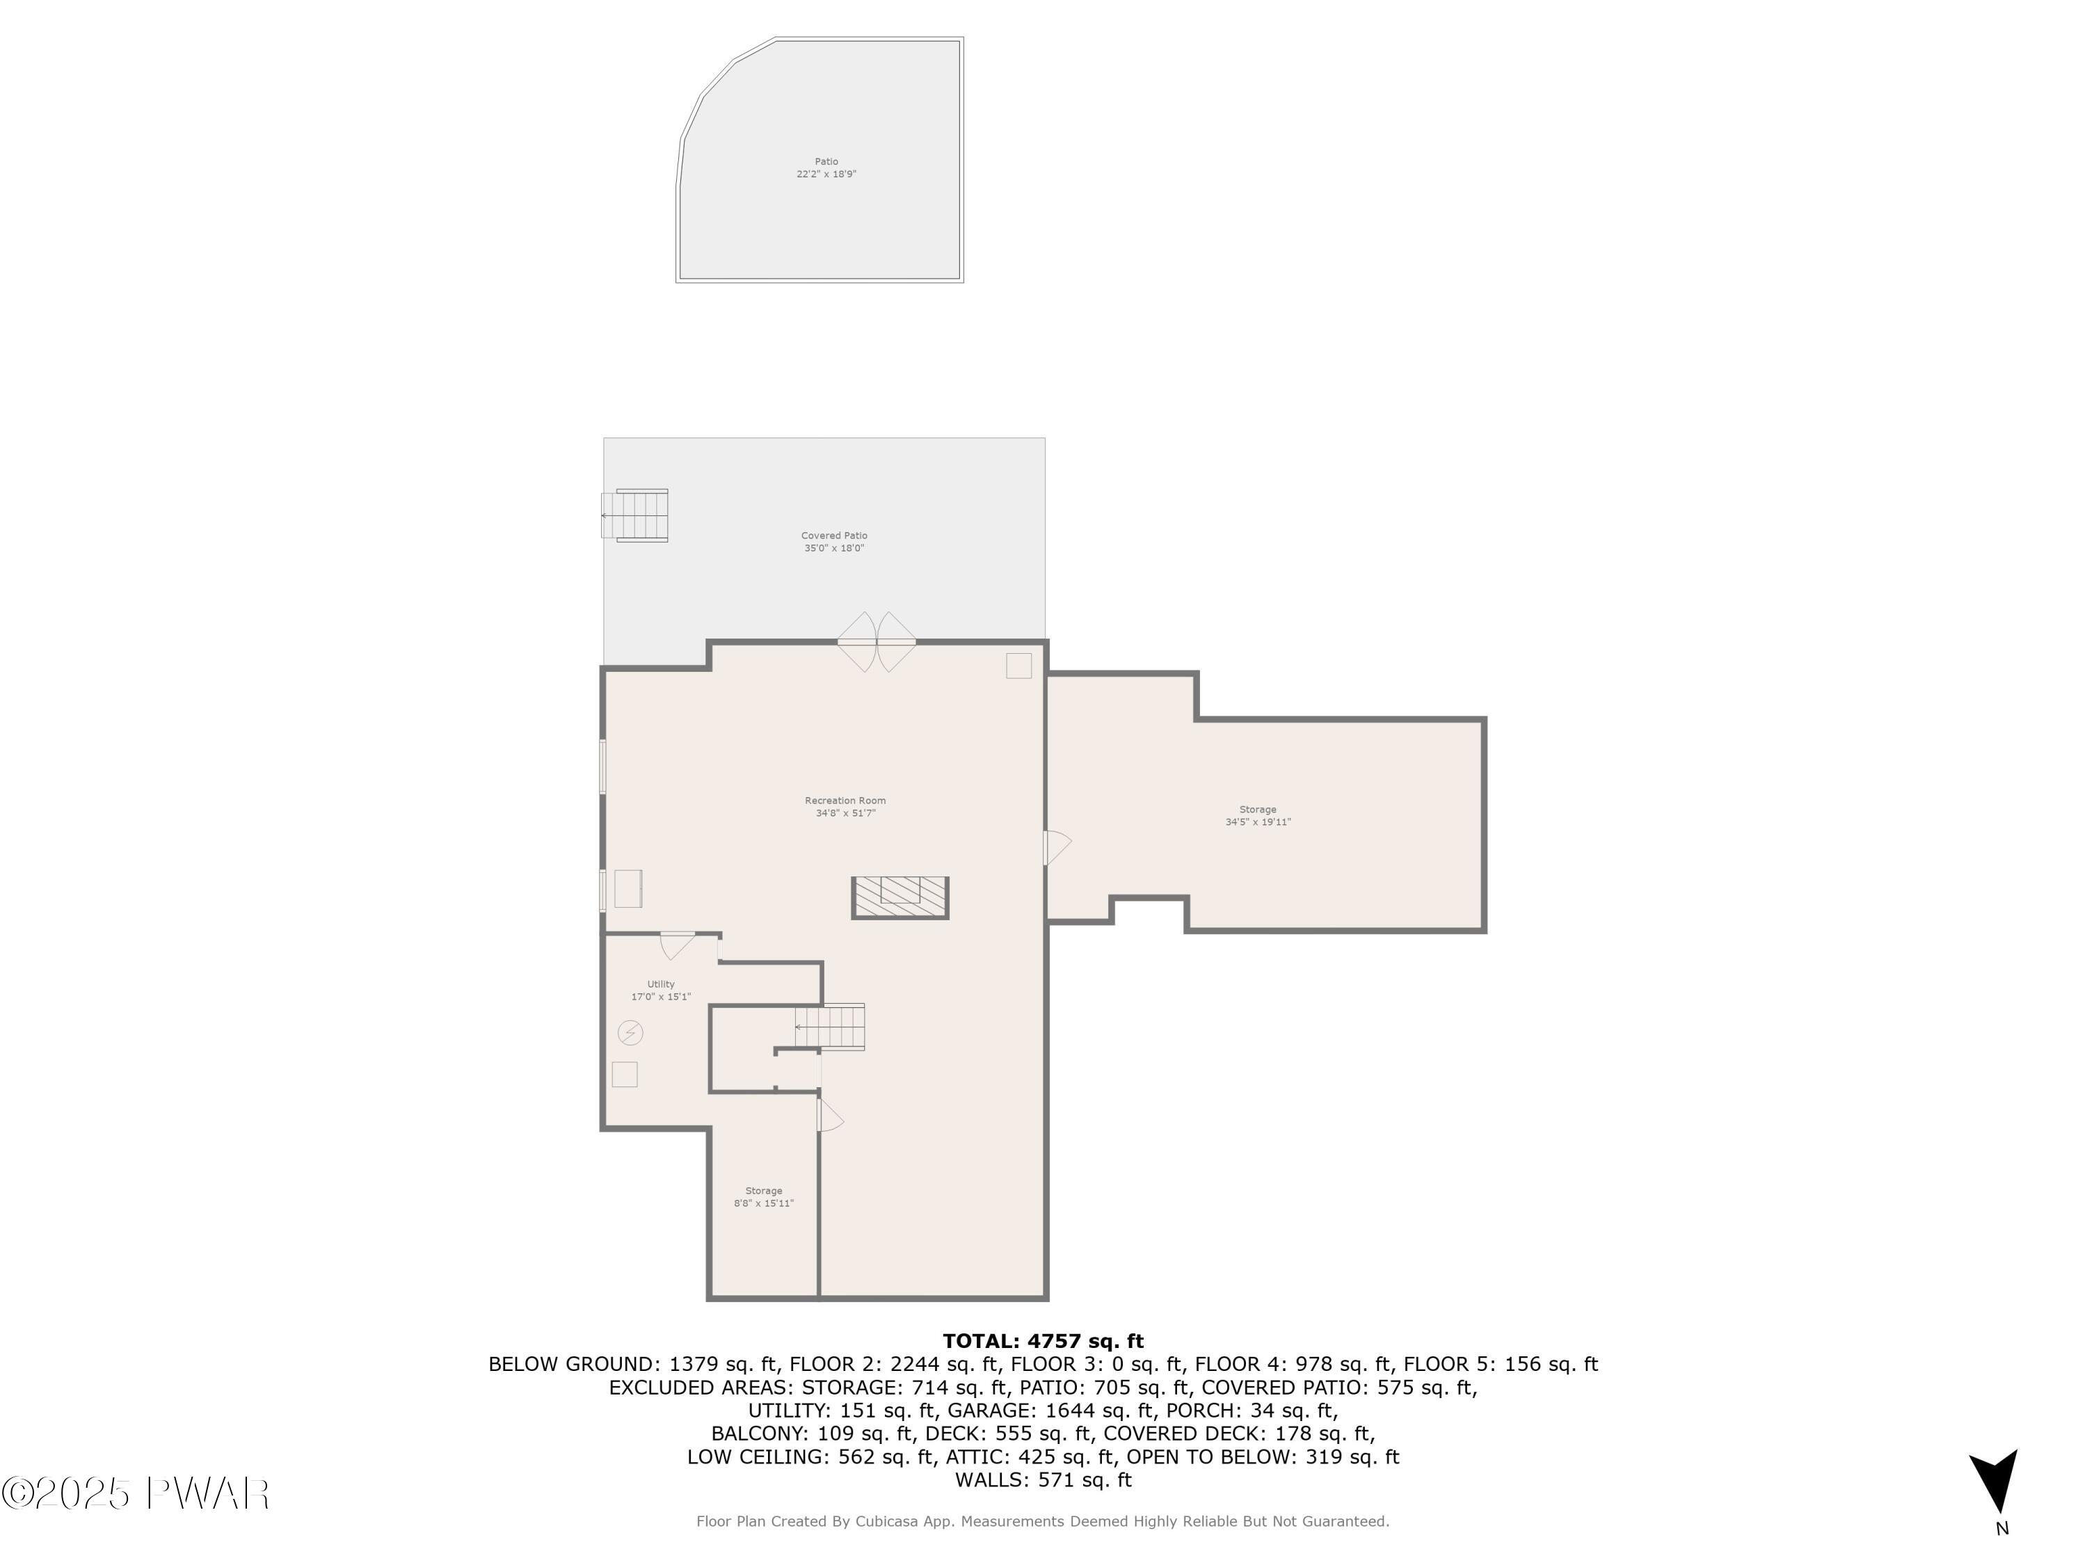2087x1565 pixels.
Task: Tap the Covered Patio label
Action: pyautogui.click(x=834, y=541)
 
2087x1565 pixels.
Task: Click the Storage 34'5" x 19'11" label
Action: pyautogui.click(x=1258, y=816)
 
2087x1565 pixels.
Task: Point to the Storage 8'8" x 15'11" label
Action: pyautogui.click(x=763, y=1196)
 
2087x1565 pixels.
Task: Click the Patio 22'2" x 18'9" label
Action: pyautogui.click(x=826, y=168)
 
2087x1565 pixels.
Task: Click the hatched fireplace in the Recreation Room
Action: pyautogui.click(x=900, y=897)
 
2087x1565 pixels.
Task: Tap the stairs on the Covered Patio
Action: pyautogui.click(x=638, y=515)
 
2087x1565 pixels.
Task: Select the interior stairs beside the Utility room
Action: pyautogui.click(x=830, y=1027)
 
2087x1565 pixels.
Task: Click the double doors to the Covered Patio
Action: pyautogui.click(x=877, y=641)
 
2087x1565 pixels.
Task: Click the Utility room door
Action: pyautogui.click(x=678, y=943)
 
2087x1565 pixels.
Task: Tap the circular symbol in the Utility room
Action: pyautogui.click(x=630, y=1033)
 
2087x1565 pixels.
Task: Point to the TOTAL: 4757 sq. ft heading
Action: pyautogui.click(x=1043, y=1340)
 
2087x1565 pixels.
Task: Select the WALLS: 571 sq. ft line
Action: pyautogui.click(x=1043, y=1479)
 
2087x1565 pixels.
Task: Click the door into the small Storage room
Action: pyautogui.click(x=829, y=1116)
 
